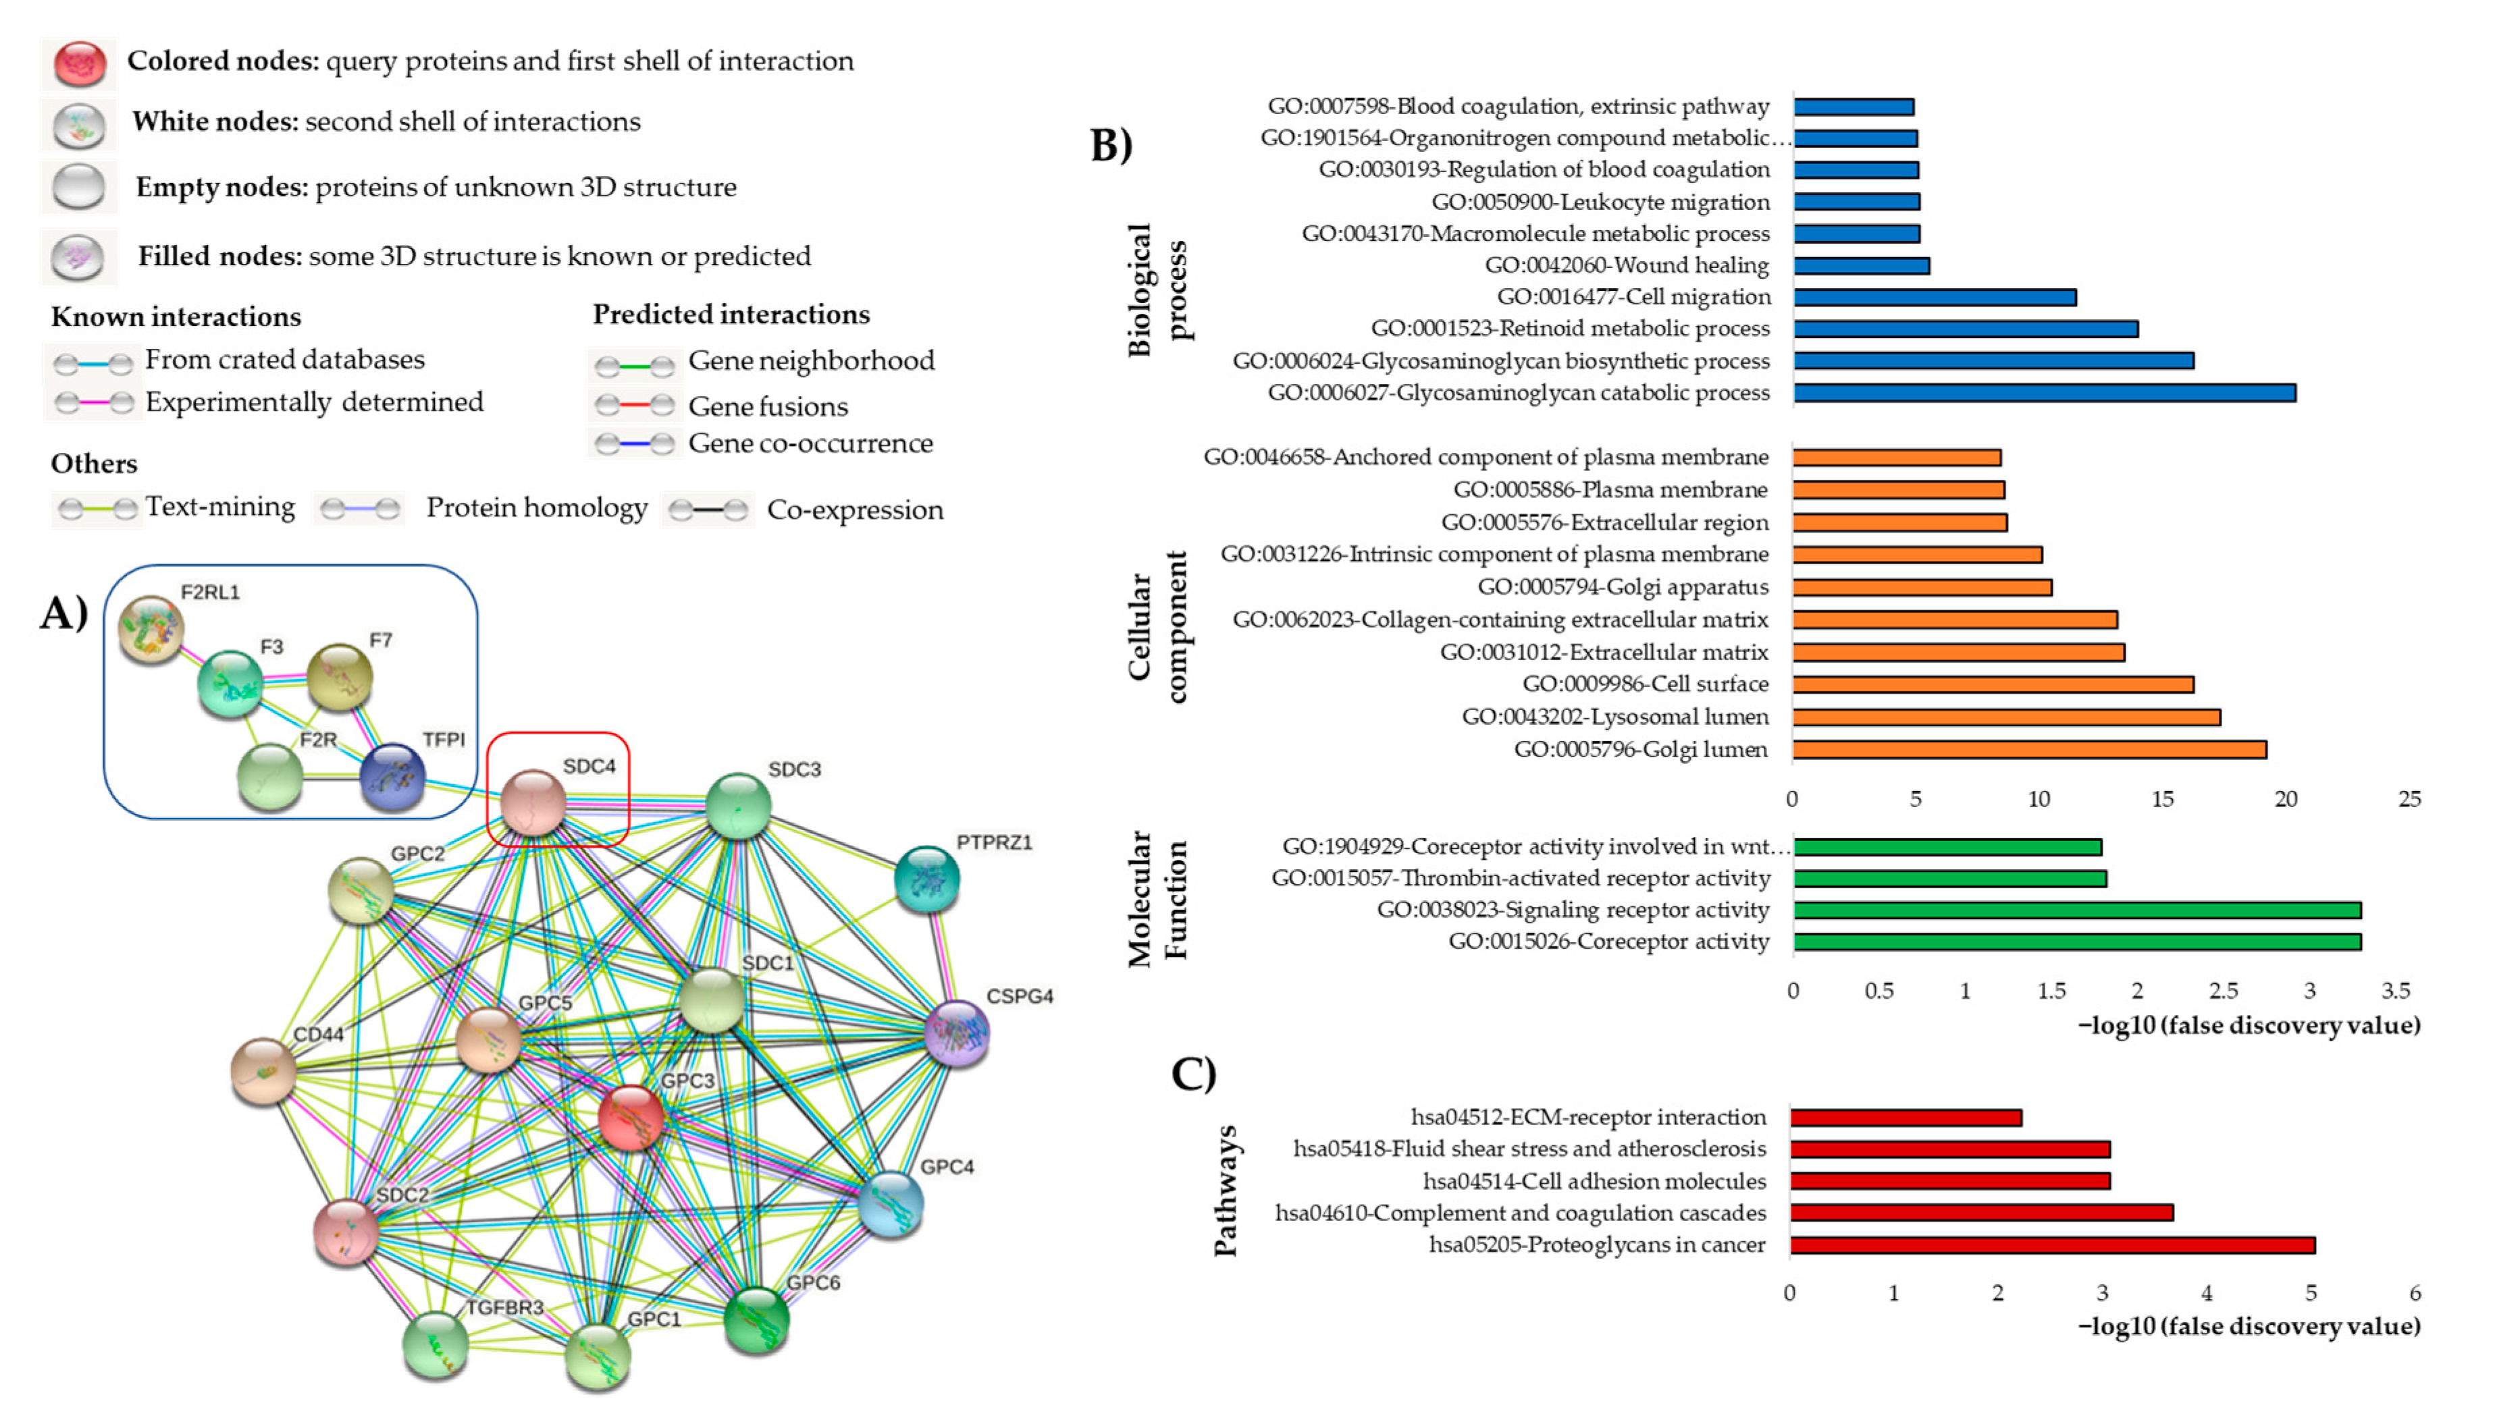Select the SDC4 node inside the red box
tap(533, 802)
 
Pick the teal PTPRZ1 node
tap(927, 879)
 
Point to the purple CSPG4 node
tap(956, 1033)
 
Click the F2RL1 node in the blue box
tap(151, 630)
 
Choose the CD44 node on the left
tap(263, 1071)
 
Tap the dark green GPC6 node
tap(757, 1319)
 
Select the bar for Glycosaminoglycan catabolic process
tap(2044, 393)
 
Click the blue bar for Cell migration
tap(1935, 297)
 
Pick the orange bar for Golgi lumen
tap(2028, 749)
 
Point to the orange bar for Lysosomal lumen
tap(2005, 717)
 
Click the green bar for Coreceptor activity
tap(2077, 941)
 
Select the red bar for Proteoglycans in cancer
tap(2051, 1245)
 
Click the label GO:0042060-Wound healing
tap(1627, 265)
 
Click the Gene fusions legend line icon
tap(635, 404)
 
